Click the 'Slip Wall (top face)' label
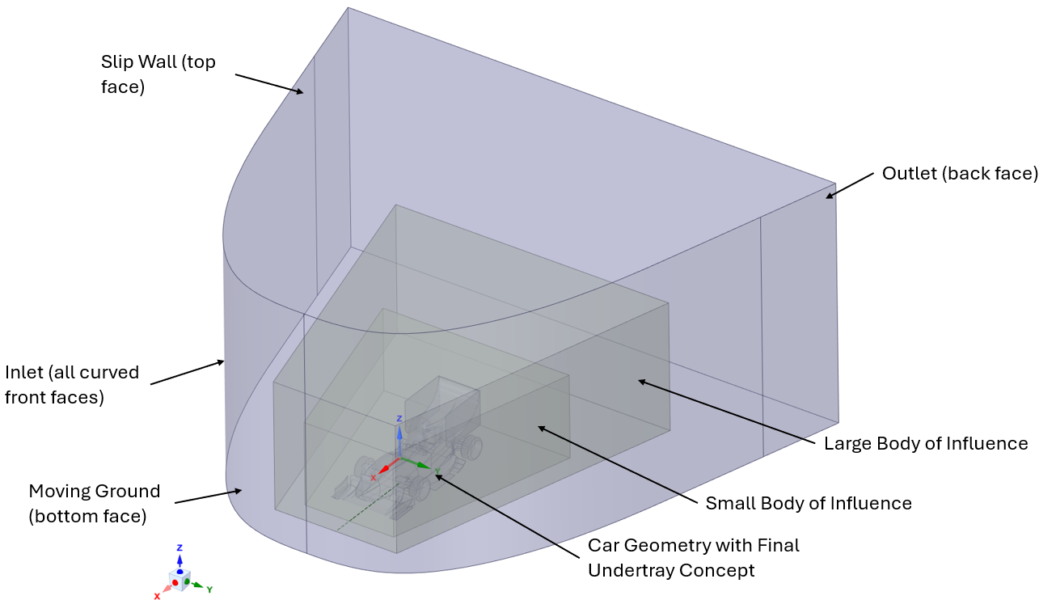pos(158,74)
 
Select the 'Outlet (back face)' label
pos(960,174)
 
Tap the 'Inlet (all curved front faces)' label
pos(72,385)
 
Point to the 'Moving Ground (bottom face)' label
pos(94,504)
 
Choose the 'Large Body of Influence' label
pos(925,443)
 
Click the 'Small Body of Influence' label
pos(809,503)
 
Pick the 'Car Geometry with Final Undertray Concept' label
pos(693,557)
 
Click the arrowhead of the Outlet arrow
pos(827,196)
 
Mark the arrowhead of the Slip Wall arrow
pos(302,94)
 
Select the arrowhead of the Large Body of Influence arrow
pos(640,380)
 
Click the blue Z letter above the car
pos(399,419)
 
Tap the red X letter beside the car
pos(373,478)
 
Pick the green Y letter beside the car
pos(437,471)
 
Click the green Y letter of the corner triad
pos(209,589)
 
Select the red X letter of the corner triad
pos(157,596)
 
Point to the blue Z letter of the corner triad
pos(180,547)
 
